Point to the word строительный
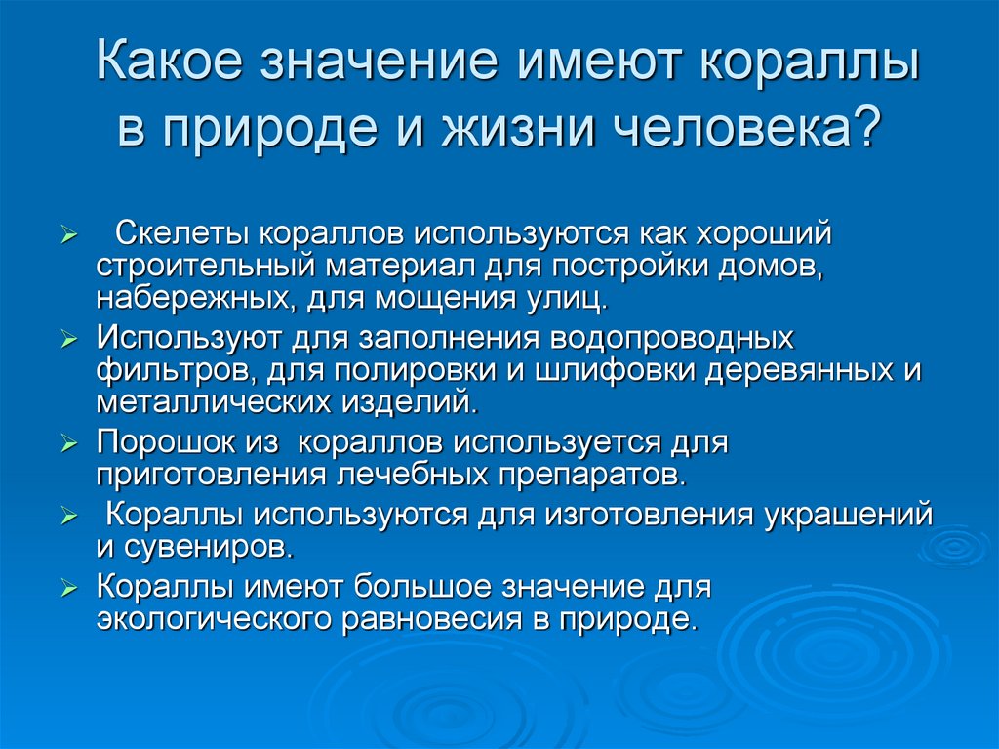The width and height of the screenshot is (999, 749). click(x=207, y=266)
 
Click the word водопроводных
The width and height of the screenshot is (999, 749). click(x=674, y=340)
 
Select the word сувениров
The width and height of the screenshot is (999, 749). click(x=220, y=547)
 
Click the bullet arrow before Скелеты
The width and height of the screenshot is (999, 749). click(x=69, y=236)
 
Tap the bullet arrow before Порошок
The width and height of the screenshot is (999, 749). click(x=69, y=444)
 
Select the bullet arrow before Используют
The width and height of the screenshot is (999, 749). click(x=69, y=341)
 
